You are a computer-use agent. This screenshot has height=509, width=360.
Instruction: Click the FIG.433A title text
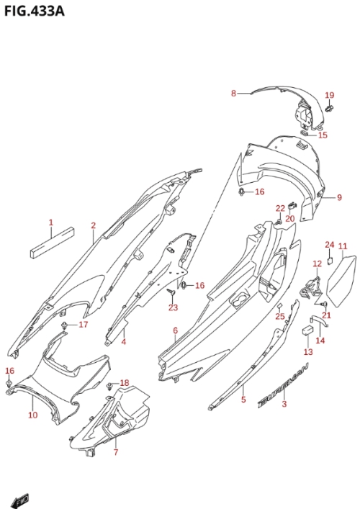34,11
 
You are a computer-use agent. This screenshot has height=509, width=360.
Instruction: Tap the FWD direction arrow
20,501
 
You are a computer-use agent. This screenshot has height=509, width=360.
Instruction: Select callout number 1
51,222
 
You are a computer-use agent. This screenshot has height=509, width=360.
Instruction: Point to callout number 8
233,94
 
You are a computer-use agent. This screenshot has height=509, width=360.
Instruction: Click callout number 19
330,95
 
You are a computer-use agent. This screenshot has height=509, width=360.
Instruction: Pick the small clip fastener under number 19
330,109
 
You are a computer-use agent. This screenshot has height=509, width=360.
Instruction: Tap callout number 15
323,135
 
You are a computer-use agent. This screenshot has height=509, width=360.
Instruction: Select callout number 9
339,197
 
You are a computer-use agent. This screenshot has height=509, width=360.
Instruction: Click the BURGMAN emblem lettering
283,385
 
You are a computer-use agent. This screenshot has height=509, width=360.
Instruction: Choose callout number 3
284,404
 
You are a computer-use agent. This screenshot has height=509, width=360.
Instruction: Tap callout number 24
330,245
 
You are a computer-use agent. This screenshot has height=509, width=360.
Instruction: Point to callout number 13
308,351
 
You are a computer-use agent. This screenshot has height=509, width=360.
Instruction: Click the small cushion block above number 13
307,330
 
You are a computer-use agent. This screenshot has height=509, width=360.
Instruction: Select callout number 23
173,307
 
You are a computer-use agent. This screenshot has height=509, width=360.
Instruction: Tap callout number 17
84,324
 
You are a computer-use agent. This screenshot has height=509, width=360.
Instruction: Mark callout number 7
116,452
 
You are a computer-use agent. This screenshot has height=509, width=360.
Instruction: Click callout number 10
33,415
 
